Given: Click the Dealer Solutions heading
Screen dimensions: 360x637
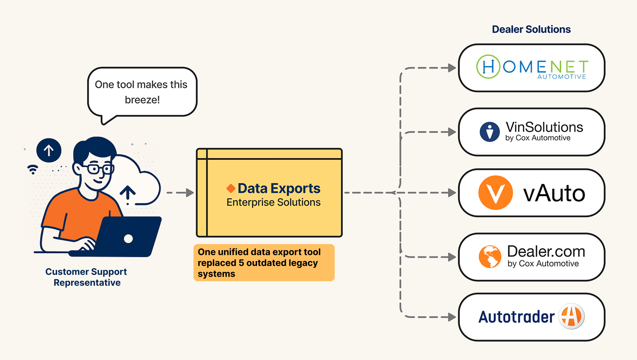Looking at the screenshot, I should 531,29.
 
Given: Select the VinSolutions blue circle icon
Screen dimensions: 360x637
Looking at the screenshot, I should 490,132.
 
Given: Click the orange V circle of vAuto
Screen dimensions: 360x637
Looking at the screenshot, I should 495,193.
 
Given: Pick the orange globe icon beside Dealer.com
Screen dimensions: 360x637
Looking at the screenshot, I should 490,257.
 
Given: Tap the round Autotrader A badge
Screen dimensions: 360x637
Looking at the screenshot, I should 571,316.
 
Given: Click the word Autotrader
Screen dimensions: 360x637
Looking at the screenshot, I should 516,317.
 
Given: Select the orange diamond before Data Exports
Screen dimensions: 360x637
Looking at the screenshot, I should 231,188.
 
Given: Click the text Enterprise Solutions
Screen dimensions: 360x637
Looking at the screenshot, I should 273,202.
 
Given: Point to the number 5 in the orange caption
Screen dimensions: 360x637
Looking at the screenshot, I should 241,263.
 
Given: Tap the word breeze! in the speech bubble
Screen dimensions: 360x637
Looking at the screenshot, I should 142,100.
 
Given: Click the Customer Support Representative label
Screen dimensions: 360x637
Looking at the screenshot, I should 86,277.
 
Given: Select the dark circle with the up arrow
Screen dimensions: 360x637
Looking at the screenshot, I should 49,150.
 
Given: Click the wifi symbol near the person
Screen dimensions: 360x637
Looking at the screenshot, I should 33,170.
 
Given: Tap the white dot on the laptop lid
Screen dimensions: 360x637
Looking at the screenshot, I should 128,238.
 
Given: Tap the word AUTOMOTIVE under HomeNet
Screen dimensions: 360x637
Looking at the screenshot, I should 562,77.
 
